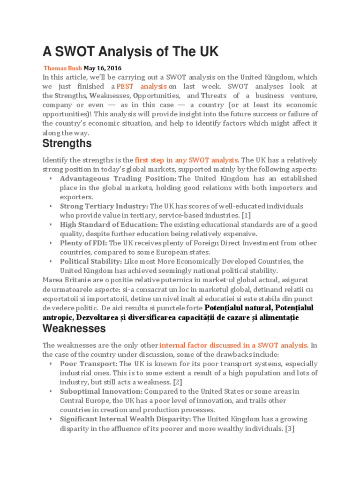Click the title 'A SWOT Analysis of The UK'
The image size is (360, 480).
130,52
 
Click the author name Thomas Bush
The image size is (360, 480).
62,68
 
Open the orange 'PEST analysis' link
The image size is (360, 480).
142,86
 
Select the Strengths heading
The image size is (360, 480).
67,143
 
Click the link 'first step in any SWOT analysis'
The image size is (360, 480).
187,160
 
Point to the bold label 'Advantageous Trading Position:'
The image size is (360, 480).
118,179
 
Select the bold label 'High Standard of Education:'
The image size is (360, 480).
109,225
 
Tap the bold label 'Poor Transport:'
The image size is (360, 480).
89,364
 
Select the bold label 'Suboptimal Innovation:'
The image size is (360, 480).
101,391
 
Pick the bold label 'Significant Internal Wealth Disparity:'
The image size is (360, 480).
126,419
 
